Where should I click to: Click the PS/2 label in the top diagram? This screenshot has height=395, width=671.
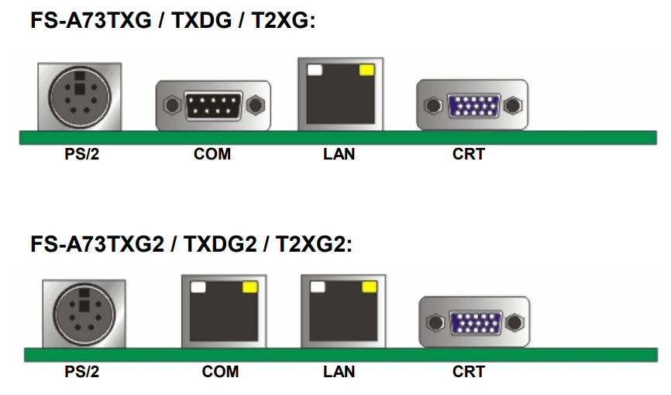pos(81,154)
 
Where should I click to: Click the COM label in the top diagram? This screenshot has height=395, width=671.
pos(212,154)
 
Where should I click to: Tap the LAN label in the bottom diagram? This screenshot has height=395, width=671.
pos(339,372)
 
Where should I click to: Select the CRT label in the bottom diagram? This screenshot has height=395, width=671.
pos(469,372)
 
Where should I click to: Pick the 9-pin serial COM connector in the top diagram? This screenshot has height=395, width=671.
pos(213,104)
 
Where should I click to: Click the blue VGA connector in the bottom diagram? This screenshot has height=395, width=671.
pos(475,321)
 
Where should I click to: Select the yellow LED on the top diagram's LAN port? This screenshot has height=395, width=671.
pos(366,71)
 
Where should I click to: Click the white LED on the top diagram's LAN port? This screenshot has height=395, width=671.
pos(315,71)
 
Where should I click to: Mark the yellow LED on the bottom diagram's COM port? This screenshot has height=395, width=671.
pos(249,287)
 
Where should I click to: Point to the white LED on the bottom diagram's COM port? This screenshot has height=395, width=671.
pos(198,287)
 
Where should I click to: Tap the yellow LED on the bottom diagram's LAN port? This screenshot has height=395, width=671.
pos(369,287)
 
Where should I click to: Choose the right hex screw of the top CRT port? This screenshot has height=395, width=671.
pos(512,104)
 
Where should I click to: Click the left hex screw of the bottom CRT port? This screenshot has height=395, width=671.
pos(437,321)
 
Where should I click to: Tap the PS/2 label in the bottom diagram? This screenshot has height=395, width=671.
pos(81,372)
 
